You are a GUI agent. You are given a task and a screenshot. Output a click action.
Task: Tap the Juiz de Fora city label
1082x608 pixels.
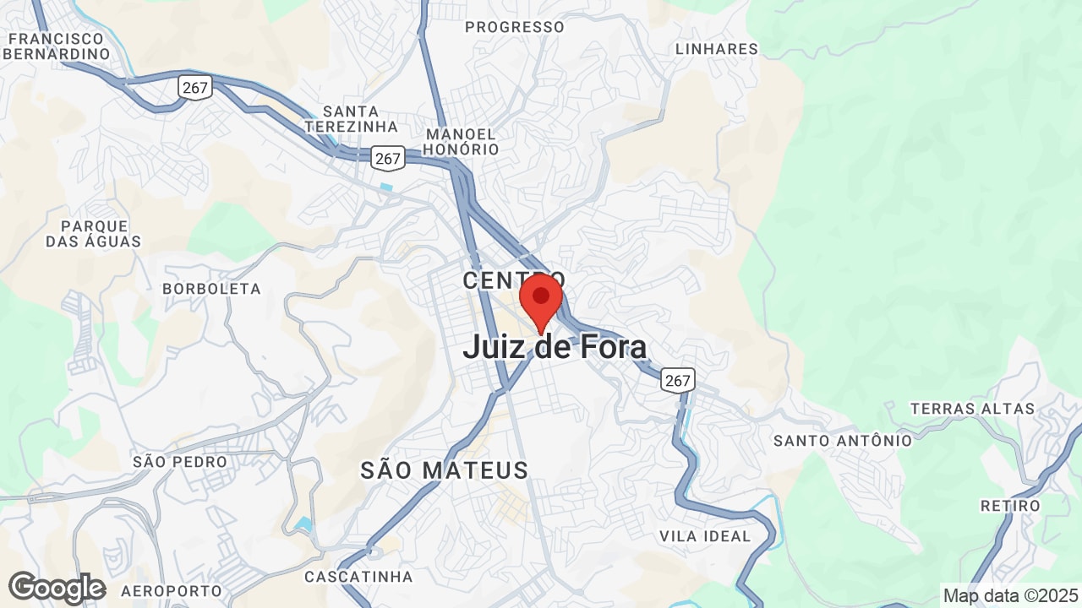pos(555,347)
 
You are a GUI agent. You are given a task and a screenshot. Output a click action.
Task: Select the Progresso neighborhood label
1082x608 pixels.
pos(514,27)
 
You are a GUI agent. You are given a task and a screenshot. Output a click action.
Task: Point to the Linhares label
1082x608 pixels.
pos(717,49)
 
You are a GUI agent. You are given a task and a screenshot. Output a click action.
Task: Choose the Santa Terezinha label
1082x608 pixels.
pos(351,119)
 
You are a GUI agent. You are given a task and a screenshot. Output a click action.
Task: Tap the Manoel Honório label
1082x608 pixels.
pos(462,142)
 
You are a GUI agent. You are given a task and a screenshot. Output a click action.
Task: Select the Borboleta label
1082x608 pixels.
pos(211,289)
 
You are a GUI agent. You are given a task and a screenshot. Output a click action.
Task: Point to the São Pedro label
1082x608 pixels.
pos(180,462)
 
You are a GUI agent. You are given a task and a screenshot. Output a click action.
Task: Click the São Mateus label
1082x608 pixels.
pos(444,470)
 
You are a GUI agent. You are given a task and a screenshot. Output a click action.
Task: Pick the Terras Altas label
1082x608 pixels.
pos(972,409)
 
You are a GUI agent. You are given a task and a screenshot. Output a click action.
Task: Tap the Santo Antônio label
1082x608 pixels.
pos(843,440)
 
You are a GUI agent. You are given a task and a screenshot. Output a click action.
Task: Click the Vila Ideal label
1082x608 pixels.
pos(705,536)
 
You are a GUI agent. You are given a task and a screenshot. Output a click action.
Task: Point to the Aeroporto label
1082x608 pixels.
pos(171,591)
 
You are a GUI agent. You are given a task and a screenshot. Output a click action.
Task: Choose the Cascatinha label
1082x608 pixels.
pos(358,577)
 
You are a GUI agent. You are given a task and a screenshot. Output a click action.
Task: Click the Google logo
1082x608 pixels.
pos(57,588)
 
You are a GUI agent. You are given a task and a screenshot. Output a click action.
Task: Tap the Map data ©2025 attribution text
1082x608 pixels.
pos(1009,595)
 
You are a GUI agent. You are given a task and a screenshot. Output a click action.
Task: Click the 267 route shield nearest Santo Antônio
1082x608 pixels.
pos(677,380)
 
